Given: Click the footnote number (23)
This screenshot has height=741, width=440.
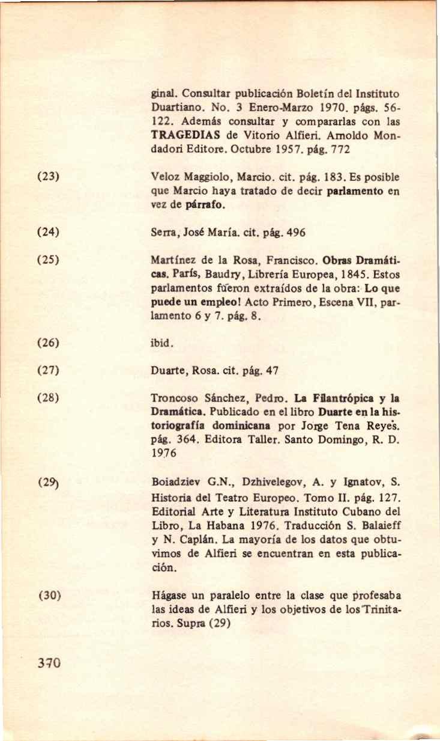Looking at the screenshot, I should pos(47,178).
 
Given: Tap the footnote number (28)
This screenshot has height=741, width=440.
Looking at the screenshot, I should pos(47,398).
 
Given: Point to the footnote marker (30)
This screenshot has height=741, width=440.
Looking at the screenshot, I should pos(47,596).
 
